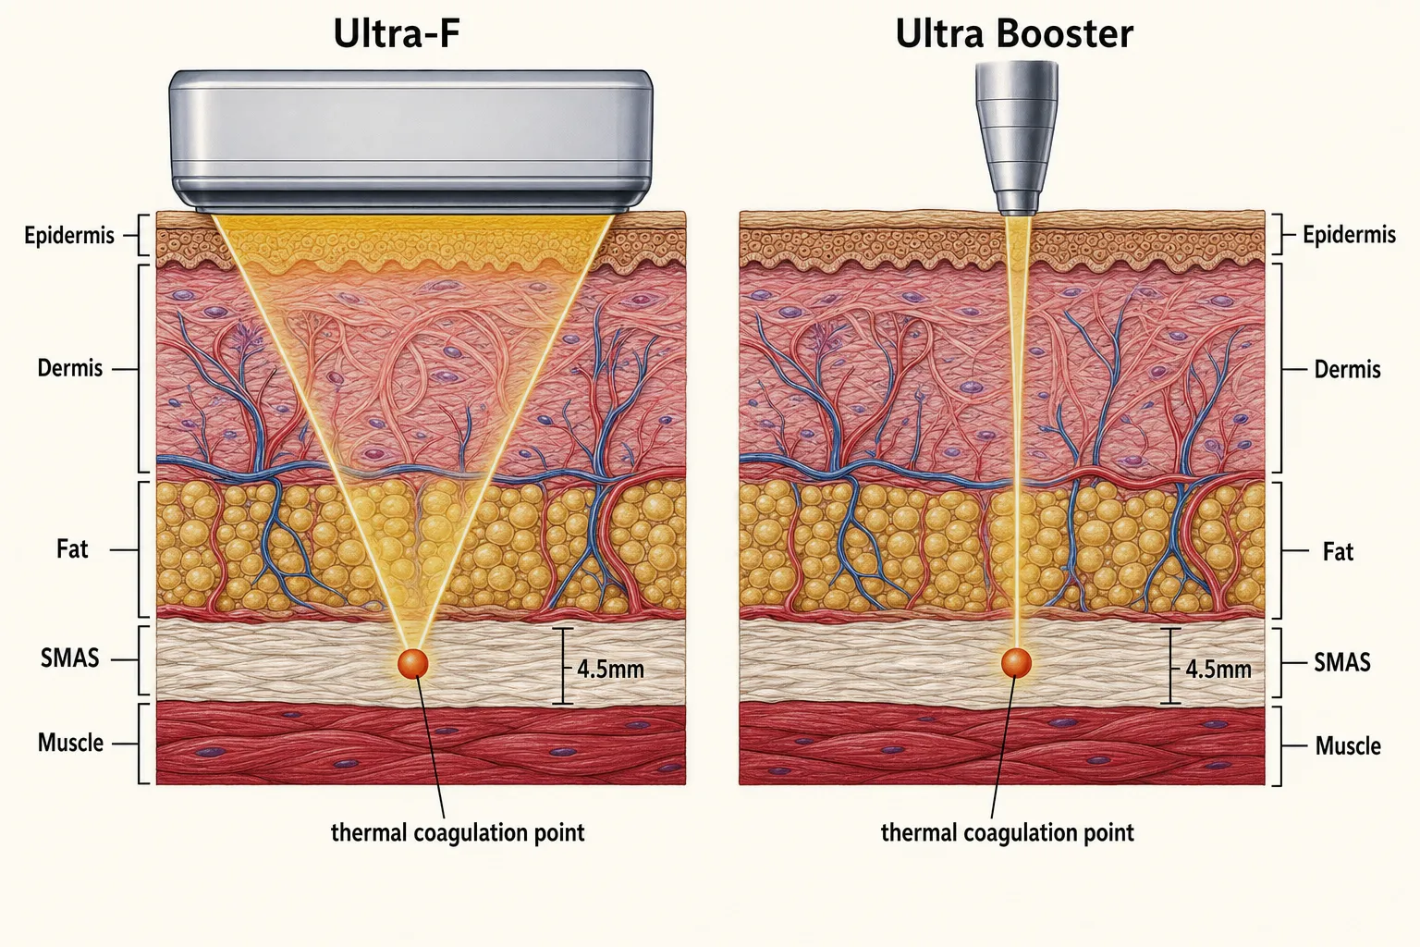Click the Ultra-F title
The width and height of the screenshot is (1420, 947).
point(397,33)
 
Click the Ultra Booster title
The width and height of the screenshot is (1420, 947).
point(1014,33)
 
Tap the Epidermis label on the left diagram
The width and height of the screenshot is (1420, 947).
point(69,235)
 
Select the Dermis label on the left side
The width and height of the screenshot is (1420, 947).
point(69,368)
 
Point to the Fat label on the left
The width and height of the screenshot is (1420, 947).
point(72,548)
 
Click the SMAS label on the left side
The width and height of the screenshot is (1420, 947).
point(69,658)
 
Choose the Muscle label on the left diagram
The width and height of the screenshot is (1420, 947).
point(70,742)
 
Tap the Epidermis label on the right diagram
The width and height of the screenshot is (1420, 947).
point(1349,235)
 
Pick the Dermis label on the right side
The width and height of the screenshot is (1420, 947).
point(1347,369)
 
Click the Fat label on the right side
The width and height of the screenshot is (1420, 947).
point(1338,552)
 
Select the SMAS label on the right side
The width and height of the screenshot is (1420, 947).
point(1342,662)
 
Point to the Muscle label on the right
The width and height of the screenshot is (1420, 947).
point(1348,746)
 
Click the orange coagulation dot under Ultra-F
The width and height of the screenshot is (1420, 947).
point(412,663)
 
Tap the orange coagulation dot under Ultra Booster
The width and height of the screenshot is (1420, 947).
point(1016,663)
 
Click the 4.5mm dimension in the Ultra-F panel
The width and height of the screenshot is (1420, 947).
point(610,670)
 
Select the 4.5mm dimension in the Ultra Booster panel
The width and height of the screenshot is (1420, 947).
point(1218,670)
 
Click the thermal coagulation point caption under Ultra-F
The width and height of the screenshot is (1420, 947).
point(458,833)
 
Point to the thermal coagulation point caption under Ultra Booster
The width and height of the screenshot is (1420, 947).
point(1008,833)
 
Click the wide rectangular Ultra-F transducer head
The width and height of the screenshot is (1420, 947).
point(410,141)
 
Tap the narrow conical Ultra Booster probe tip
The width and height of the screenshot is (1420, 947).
point(1016,136)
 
